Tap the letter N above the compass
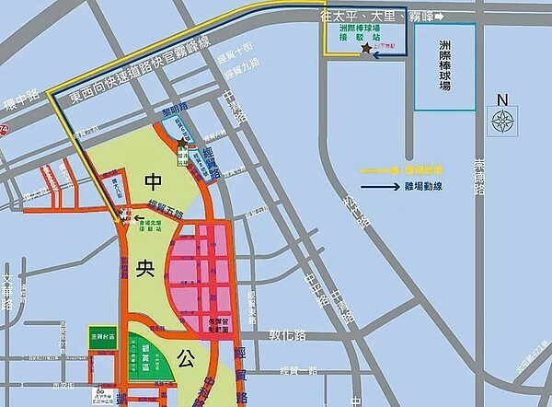click(501, 100)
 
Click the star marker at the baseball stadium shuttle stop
click(366, 48)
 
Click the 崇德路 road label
click(478, 175)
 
